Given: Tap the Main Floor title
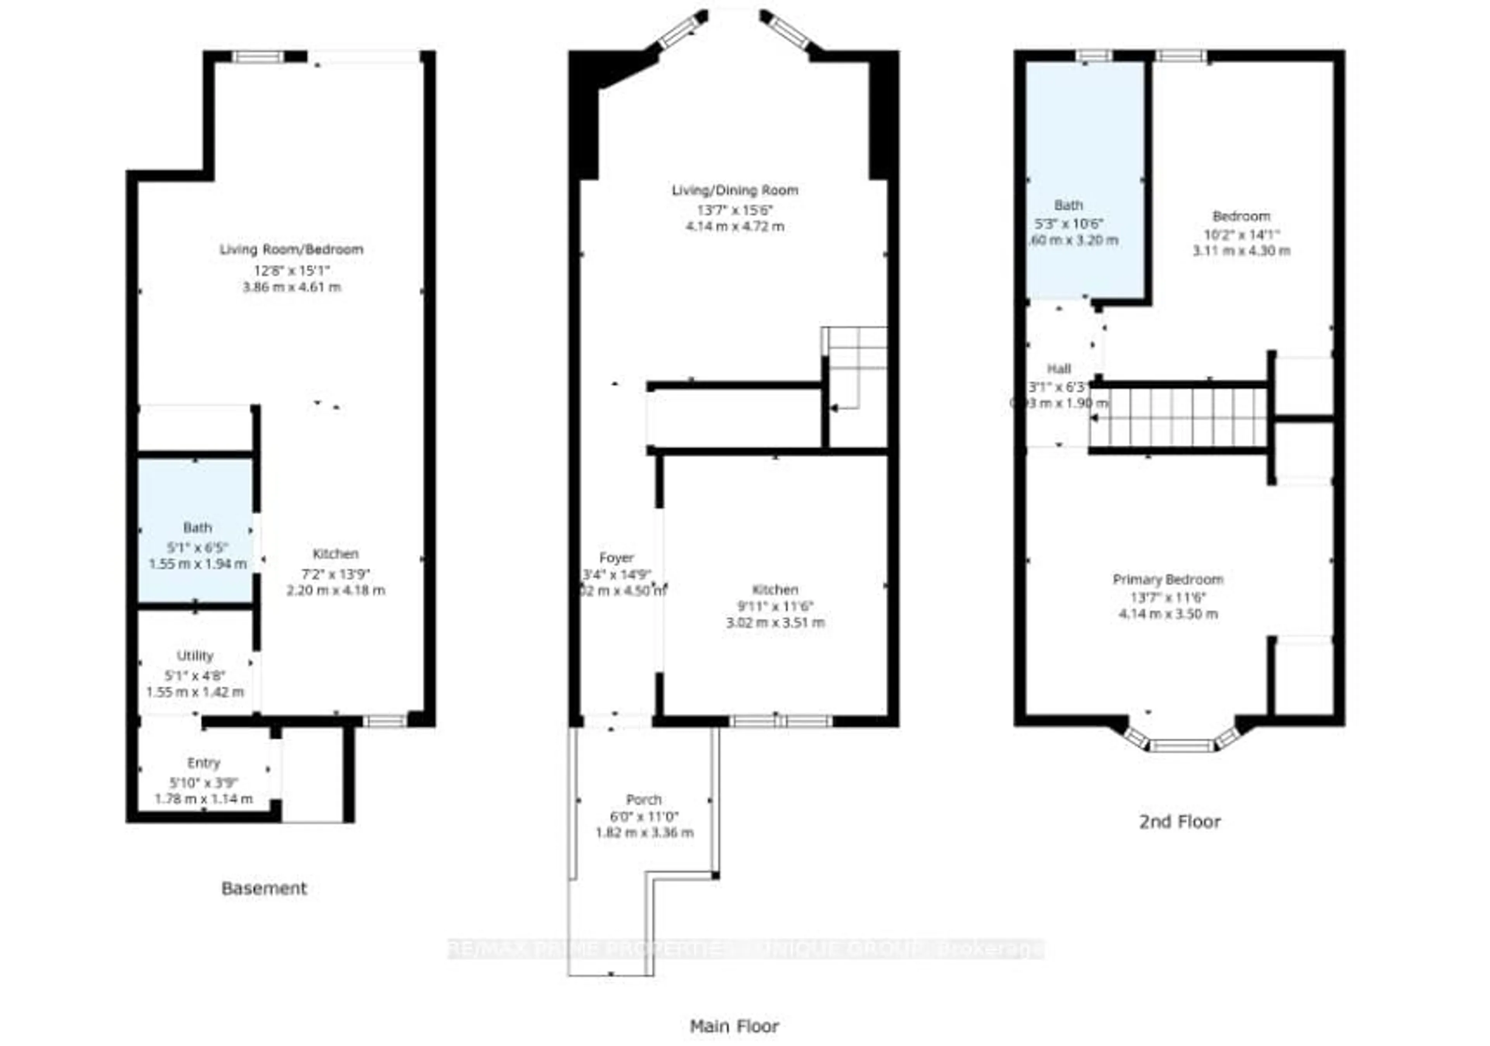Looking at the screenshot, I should pos(734,1026).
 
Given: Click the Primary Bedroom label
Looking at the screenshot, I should pos(1168,580).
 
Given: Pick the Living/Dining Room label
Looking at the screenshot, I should pos(735,190).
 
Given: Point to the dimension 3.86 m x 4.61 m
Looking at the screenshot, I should pos(291,287).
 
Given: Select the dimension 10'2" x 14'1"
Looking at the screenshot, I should pos(1241,234).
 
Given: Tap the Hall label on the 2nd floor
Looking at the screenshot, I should pos(1059,369).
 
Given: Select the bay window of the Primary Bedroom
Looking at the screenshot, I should pos(1181,744).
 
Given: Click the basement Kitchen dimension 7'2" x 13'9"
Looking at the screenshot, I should pos(336,574).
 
